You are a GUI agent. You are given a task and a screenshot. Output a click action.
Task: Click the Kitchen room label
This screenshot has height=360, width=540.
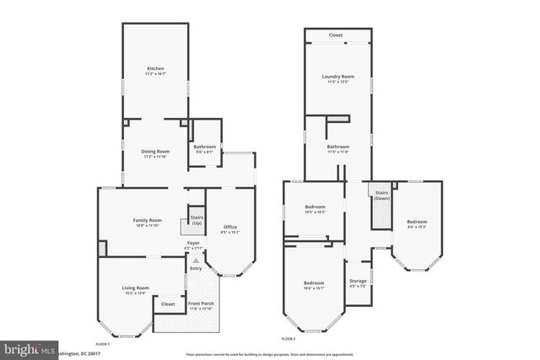(155, 68)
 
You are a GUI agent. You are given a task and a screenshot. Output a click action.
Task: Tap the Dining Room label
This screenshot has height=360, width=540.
(155, 151)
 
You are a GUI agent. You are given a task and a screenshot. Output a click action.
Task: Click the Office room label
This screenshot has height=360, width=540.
(229, 227)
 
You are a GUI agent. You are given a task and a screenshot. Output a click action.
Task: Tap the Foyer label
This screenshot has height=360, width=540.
(194, 242)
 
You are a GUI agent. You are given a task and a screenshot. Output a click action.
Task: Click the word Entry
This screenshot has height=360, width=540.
(196, 268)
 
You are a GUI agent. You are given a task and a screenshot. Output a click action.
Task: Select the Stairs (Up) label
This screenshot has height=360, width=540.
(197, 219)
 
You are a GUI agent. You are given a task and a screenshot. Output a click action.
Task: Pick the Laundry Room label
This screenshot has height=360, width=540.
(337, 77)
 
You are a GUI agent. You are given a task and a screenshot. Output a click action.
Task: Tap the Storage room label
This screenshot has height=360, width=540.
(359, 281)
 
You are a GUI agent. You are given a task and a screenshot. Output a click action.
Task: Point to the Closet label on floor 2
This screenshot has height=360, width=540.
(337, 36)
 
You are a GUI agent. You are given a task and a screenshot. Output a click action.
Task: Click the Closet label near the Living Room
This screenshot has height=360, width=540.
(168, 304)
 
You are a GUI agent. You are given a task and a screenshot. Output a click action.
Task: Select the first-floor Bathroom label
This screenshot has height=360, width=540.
(206, 147)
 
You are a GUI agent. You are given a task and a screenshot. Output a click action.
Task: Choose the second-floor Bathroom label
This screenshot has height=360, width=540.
(337, 147)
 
